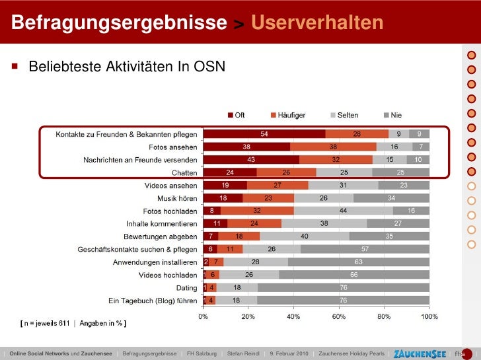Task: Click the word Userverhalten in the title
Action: click(317, 23)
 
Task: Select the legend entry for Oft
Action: click(236, 115)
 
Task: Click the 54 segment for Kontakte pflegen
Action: click(264, 134)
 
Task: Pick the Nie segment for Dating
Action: click(344, 288)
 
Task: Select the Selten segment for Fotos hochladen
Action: click(344, 210)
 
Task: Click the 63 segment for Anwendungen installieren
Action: click(359, 262)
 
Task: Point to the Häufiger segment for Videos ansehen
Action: click(277, 186)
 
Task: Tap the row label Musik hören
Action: click(177, 198)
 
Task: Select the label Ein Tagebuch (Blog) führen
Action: click(153, 301)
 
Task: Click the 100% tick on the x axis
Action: click(429, 316)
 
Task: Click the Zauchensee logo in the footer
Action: click(419, 353)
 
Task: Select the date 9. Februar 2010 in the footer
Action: click(290, 353)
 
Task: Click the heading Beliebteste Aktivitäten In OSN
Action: click(126, 66)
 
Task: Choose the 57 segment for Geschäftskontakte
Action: click(365, 249)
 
